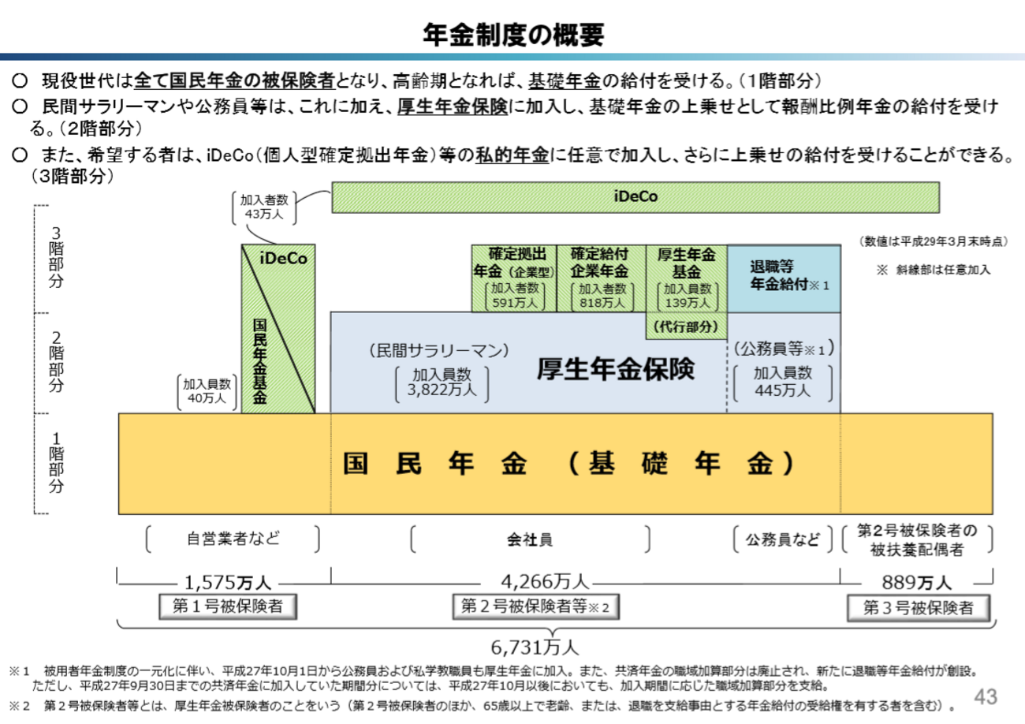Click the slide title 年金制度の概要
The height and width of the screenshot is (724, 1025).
click(x=513, y=35)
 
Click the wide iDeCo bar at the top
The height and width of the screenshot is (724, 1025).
click(x=635, y=197)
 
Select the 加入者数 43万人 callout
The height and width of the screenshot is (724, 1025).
click(x=264, y=207)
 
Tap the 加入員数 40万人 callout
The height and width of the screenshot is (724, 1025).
click(x=207, y=391)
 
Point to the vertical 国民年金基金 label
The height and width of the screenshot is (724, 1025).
click(x=259, y=361)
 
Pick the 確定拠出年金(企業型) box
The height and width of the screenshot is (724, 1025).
click(x=514, y=278)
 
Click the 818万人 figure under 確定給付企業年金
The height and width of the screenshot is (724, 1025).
click(x=602, y=303)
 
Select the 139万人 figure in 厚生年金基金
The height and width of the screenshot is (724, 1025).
click(x=688, y=303)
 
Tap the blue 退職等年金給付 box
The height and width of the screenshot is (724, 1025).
click(x=784, y=278)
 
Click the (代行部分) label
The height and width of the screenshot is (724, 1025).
click(x=686, y=327)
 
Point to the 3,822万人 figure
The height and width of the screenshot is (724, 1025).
click(x=442, y=390)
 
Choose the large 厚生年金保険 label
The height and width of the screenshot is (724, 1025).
click(x=616, y=369)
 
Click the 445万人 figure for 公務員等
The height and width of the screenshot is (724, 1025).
click(x=782, y=390)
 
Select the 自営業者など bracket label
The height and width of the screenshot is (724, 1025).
click(x=233, y=539)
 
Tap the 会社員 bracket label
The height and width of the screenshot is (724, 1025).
click(x=529, y=539)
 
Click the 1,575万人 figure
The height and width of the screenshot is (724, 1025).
click(x=227, y=583)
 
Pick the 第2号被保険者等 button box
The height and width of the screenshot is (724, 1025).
click(x=536, y=606)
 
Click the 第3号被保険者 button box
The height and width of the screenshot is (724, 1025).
click(x=919, y=608)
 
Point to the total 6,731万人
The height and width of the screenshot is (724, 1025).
click(x=535, y=647)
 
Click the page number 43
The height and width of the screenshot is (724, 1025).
click(x=986, y=697)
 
